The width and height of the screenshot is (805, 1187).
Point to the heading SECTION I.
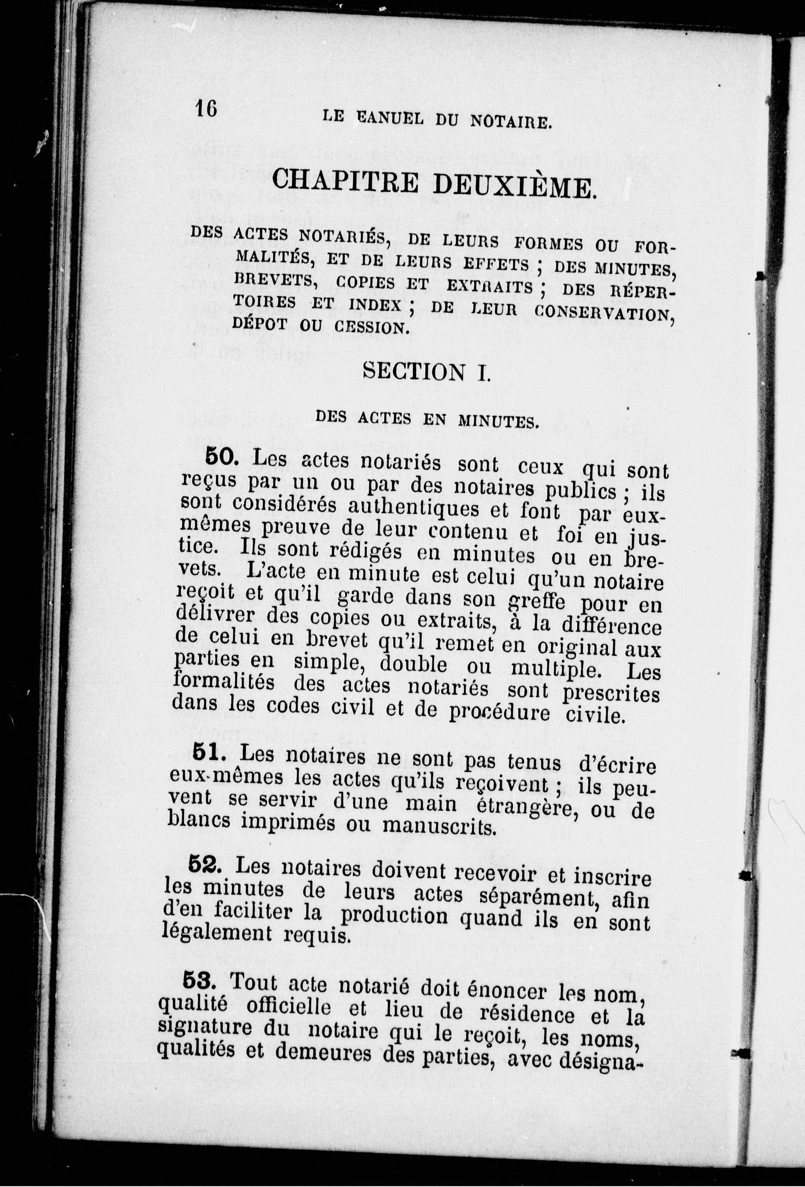[426, 372]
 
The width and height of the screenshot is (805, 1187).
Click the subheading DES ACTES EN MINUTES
[426, 420]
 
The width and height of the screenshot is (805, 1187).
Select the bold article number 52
[205, 864]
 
